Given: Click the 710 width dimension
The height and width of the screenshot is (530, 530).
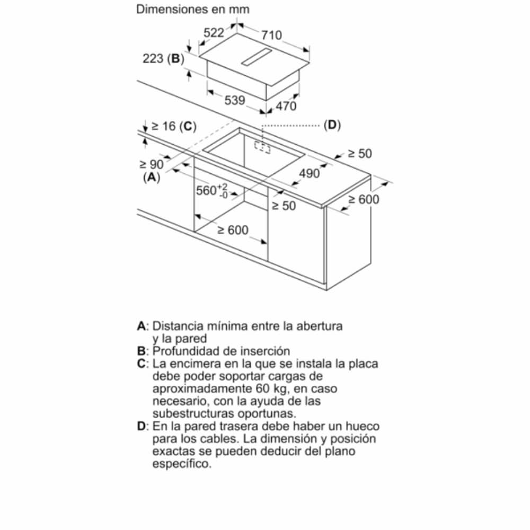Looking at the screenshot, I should (271, 35).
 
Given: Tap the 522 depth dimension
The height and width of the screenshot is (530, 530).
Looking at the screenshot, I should (214, 32).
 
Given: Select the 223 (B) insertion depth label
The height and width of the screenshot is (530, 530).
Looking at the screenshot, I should (162, 59).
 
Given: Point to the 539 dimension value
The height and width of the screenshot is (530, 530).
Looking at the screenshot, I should (234, 100).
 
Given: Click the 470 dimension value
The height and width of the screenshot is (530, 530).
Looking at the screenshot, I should (286, 106).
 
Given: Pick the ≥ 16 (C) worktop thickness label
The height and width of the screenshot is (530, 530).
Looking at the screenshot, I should (173, 126).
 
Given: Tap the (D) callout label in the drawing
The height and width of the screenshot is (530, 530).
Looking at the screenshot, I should (332, 125).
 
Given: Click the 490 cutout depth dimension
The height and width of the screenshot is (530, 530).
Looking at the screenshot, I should (310, 173).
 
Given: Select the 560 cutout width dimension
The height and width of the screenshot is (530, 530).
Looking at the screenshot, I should (211, 190).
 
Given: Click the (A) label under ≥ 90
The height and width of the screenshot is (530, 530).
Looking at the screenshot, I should (152, 178).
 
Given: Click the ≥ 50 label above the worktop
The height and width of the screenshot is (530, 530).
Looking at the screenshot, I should (360, 154).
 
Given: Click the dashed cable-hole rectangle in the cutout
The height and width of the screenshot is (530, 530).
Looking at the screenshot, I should (262, 147).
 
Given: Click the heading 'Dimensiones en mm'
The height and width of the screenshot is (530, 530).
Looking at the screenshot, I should (193, 10).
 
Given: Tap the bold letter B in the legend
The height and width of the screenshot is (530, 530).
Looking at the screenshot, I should (141, 351).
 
